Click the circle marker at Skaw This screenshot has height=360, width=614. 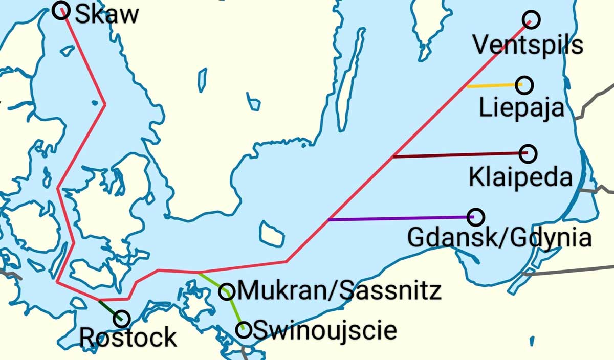click(61, 10)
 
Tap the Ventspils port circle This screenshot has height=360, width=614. click(532, 19)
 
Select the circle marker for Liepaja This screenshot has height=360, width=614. click(524, 85)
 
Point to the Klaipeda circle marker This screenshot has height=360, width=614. click(528, 152)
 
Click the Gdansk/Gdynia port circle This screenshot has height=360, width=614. click(476, 217)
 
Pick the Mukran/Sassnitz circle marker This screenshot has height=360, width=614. click(227, 291)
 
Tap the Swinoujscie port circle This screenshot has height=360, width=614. click(244, 329)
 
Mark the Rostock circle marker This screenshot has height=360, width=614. click(122, 319)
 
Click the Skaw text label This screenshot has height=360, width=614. click(106, 14)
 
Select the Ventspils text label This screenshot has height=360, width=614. click(528, 44)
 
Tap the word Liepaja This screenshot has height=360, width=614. click(521, 108)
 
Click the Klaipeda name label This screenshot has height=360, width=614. click(520, 177)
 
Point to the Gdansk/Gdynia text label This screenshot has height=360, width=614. click(499, 238)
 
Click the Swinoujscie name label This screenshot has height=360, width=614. click(325, 330)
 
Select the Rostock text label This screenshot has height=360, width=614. click(128, 338)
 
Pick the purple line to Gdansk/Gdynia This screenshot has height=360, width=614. click(399, 218)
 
